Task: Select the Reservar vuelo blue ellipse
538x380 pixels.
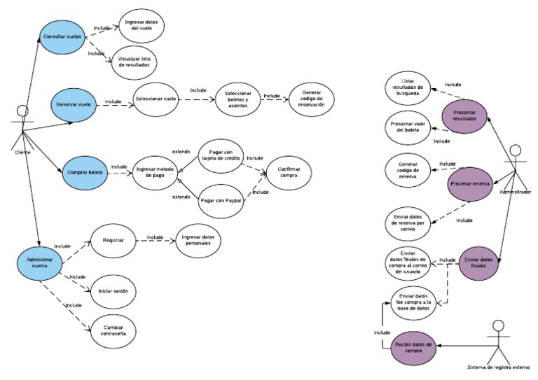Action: click(74, 105)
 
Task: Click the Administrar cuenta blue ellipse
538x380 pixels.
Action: click(40, 262)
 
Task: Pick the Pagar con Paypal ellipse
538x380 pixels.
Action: click(220, 200)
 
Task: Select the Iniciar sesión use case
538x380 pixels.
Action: click(113, 290)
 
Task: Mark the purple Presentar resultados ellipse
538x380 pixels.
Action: click(464, 115)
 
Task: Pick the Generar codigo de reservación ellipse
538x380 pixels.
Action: click(311, 99)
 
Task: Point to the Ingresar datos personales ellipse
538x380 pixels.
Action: click(198, 239)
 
